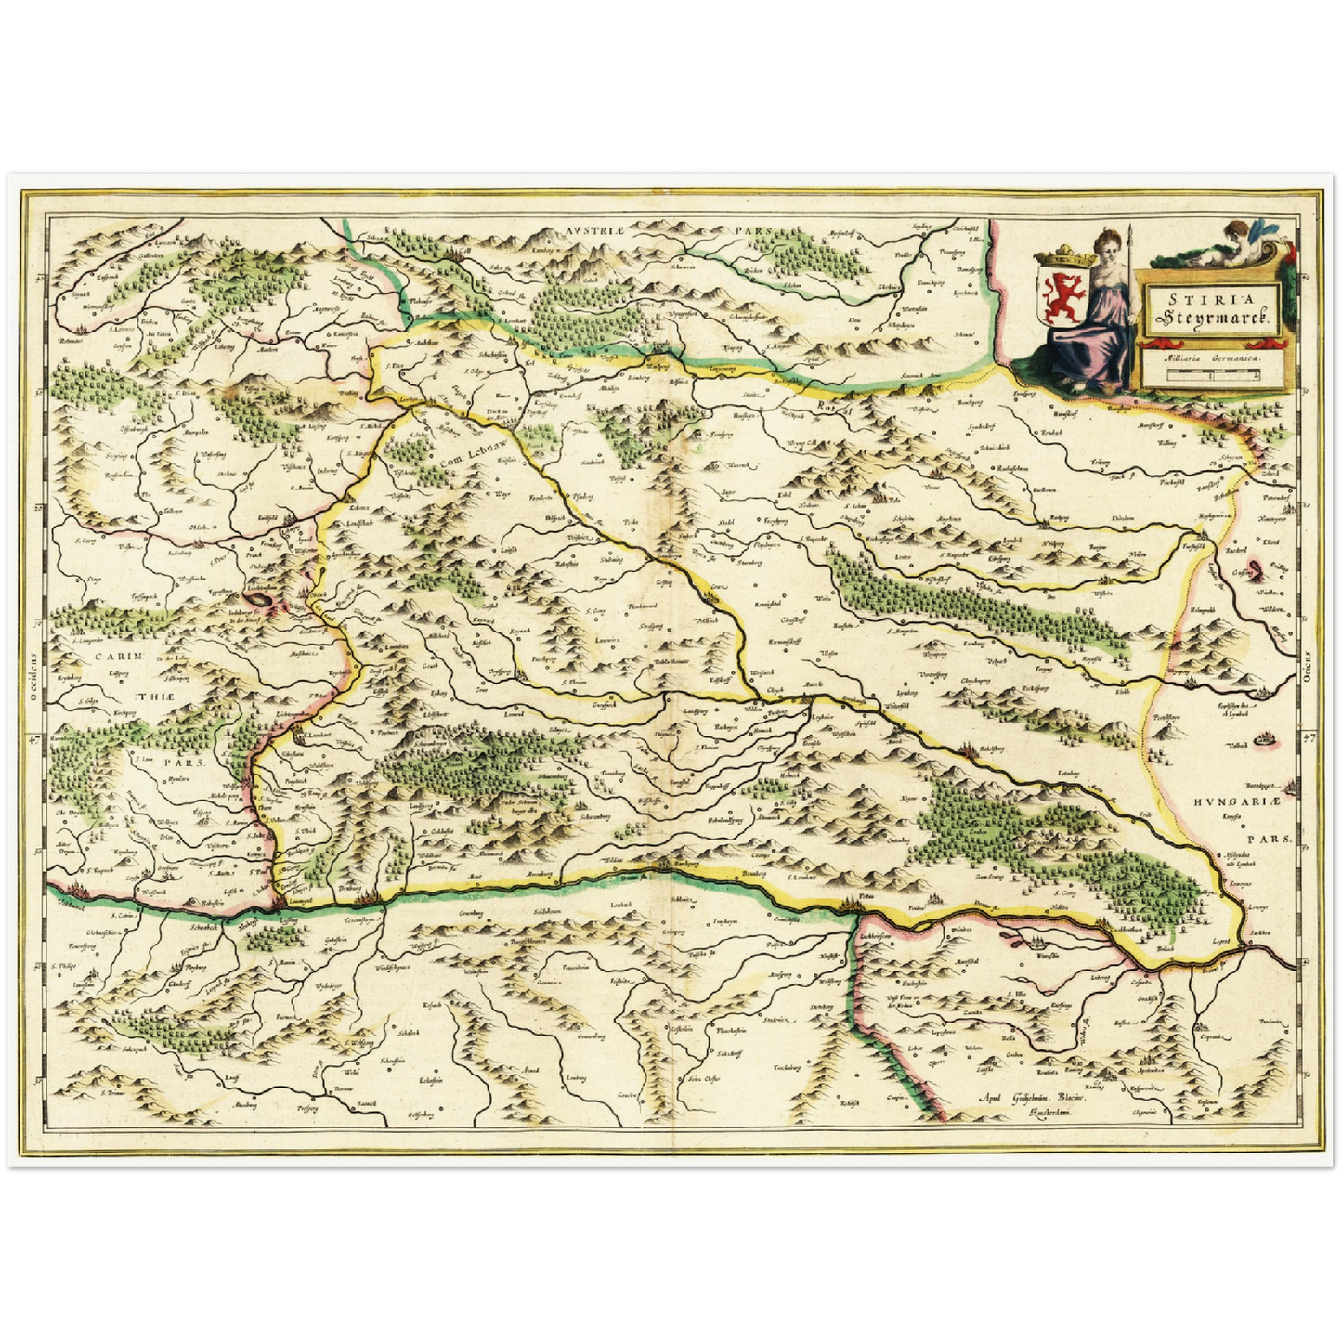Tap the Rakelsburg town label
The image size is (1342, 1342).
991,748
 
